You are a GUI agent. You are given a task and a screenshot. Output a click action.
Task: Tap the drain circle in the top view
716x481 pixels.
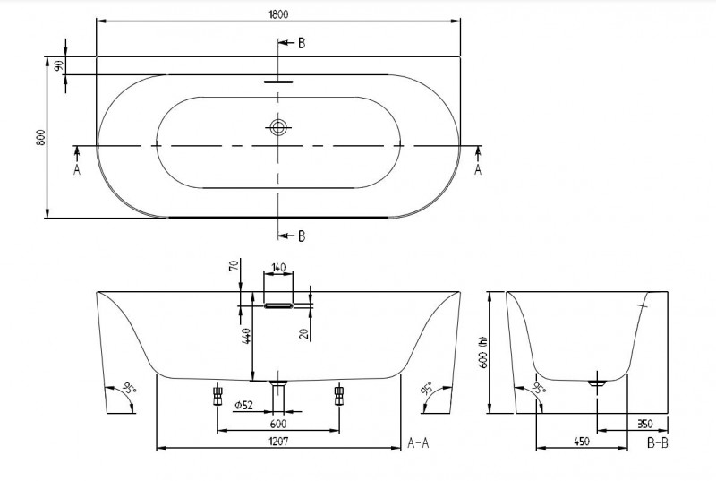click(278, 127)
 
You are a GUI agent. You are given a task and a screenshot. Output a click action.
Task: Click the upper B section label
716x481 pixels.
click(301, 43)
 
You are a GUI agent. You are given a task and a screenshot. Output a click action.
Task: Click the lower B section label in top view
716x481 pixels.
click(301, 236)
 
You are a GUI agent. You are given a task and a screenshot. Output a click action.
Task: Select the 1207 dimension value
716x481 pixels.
click(278, 441)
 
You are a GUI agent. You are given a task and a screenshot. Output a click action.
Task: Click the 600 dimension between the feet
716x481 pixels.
click(278, 424)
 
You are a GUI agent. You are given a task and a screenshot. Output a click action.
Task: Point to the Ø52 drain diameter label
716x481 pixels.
click(244, 406)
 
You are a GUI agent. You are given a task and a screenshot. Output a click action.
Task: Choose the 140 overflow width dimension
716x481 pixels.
click(278, 268)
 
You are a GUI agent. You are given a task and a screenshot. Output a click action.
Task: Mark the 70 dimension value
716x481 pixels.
click(234, 266)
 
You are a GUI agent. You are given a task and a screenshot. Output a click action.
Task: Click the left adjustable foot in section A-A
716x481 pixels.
click(217, 394)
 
